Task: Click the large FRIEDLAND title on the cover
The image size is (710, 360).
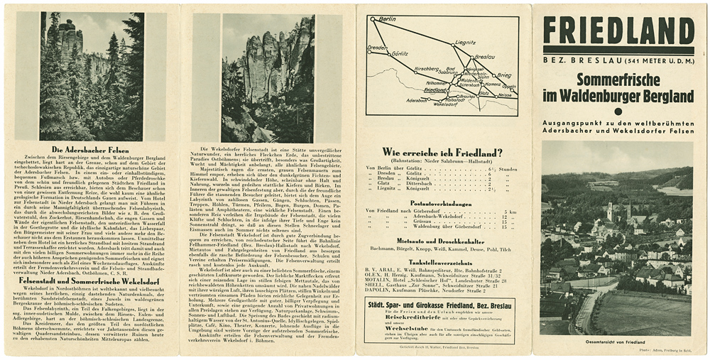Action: (x=618, y=31)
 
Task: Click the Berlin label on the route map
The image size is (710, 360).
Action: (x=387, y=19)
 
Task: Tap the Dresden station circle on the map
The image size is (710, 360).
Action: (x=369, y=51)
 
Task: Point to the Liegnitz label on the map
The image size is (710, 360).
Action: (x=465, y=43)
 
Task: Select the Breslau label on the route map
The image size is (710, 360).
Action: (x=484, y=56)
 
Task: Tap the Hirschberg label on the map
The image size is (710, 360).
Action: (x=407, y=69)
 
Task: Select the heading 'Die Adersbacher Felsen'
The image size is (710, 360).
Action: (x=90, y=151)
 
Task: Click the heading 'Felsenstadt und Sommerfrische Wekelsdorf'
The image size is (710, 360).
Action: (x=90, y=281)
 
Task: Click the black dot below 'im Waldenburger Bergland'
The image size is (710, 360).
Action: (x=617, y=111)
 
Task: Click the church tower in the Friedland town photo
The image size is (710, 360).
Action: (x=609, y=210)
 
